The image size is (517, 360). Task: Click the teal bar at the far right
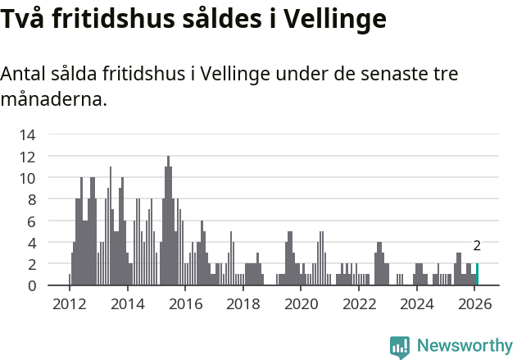477,275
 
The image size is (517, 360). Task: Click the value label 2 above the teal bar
477,245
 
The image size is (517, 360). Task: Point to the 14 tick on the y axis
28,134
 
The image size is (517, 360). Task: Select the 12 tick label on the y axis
28,156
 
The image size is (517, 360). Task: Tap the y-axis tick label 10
28,178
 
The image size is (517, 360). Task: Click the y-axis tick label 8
31,199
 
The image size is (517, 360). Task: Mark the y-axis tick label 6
31,221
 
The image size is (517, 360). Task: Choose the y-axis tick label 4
31,243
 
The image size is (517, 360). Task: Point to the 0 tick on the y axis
31,285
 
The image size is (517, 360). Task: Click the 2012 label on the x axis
70,304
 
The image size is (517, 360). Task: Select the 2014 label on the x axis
127,304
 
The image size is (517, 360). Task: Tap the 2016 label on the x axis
185,304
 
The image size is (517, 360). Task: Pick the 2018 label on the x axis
243,304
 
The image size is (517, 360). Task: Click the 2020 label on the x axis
302,304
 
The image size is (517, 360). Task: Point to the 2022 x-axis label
359,304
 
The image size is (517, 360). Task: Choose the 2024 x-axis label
417,304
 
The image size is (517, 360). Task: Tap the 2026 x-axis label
475,304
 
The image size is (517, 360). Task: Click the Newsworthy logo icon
400,347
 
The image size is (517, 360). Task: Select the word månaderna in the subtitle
53,100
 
